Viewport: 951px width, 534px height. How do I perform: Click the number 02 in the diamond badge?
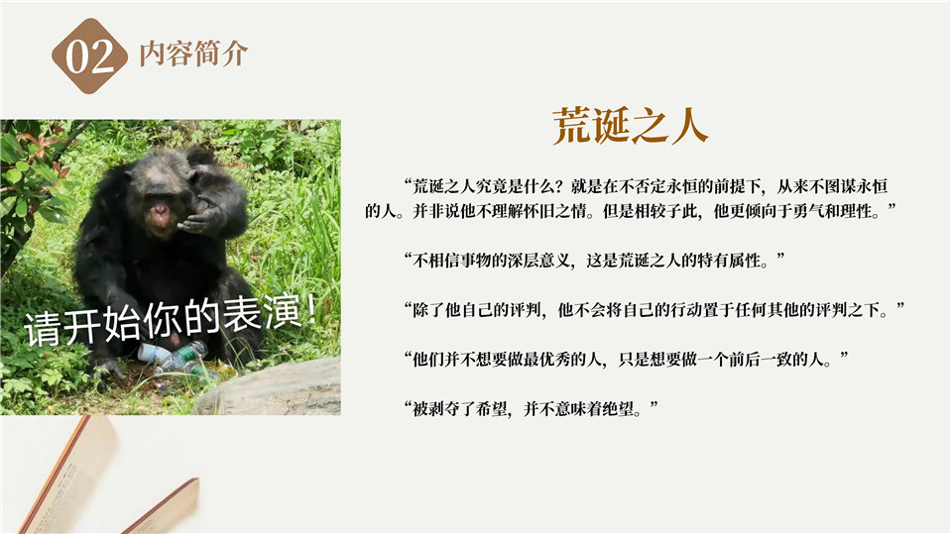point(90,56)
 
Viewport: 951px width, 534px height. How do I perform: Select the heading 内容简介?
point(193,53)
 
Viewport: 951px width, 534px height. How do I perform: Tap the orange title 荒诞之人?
point(630,126)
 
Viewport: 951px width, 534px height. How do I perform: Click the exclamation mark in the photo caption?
point(310,309)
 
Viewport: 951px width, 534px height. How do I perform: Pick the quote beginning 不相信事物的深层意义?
point(594,261)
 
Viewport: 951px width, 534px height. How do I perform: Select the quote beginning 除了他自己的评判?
point(654,310)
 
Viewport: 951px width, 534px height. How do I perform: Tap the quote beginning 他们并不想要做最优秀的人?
point(626,360)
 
